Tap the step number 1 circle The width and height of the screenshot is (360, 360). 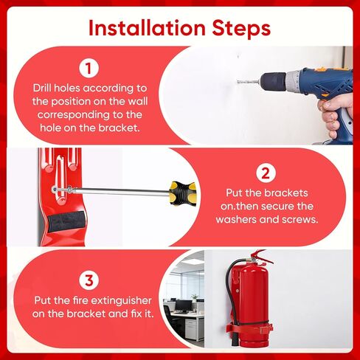89,69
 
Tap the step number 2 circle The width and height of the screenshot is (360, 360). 264,174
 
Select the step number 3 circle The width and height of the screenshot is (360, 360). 89,280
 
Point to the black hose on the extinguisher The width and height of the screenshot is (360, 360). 229,295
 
